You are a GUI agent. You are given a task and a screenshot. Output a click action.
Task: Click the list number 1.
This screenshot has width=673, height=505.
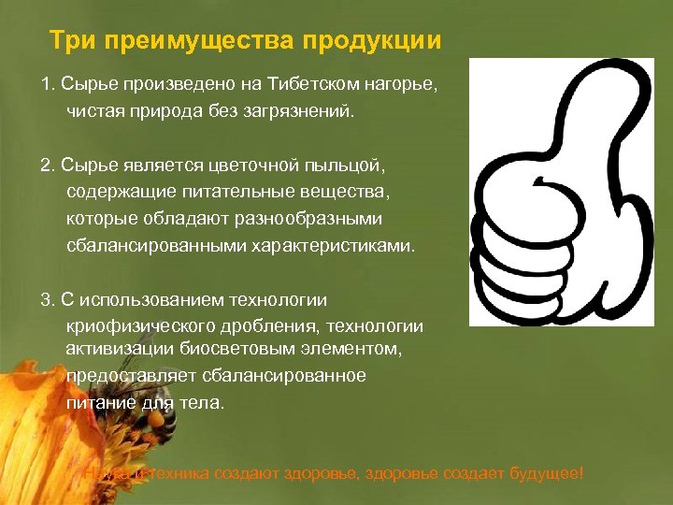(x=46, y=86)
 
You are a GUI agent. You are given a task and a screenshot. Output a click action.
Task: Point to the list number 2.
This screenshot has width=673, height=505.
(x=46, y=166)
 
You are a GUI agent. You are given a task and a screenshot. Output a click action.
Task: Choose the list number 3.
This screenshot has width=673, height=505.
(x=46, y=299)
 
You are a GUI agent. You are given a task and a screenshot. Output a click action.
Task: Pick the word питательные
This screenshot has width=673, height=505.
(x=234, y=192)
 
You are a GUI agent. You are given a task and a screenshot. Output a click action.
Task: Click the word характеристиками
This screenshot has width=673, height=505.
(x=331, y=245)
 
